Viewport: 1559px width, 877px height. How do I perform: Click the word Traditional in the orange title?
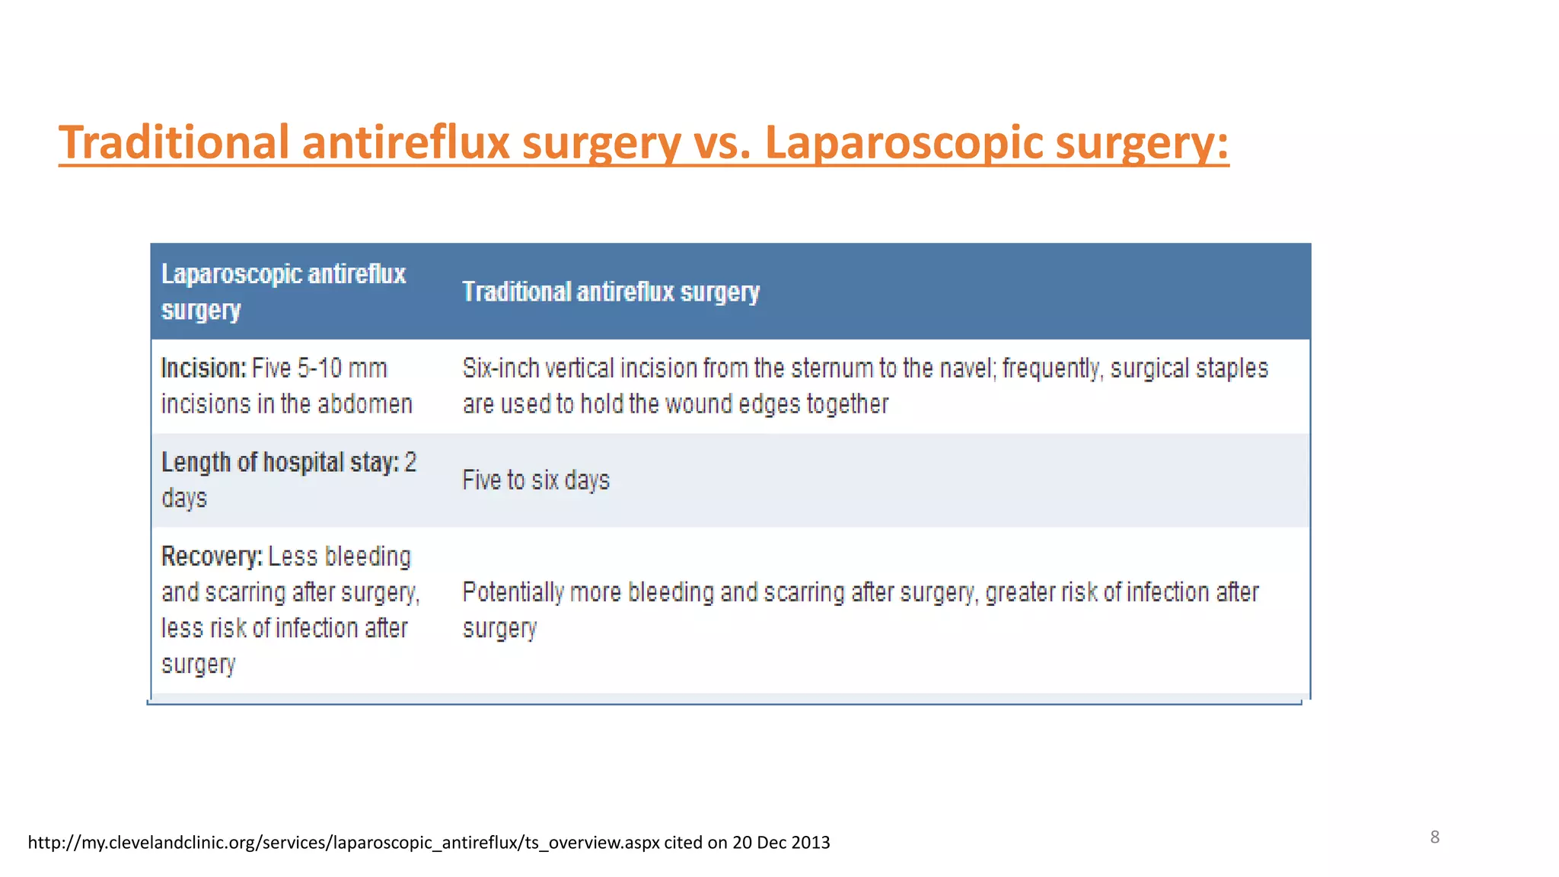pos(174,142)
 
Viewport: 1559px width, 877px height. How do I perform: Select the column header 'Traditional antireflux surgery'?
pos(611,292)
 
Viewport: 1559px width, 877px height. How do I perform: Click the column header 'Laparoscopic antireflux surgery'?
pos(282,292)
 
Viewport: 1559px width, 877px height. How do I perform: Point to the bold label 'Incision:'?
pos(203,368)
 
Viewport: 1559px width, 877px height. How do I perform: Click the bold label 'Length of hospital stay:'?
pos(279,462)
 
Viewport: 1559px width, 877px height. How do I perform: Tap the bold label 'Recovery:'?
pos(212,556)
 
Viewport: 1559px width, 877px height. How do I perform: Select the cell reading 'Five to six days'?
pos(536,480)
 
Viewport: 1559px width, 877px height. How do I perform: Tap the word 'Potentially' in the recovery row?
pos(512,592)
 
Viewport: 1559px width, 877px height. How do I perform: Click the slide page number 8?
pos(1434,837)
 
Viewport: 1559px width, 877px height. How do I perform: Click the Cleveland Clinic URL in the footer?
pos(343,843)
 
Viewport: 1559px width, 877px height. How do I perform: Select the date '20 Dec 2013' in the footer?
pos(781,843)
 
